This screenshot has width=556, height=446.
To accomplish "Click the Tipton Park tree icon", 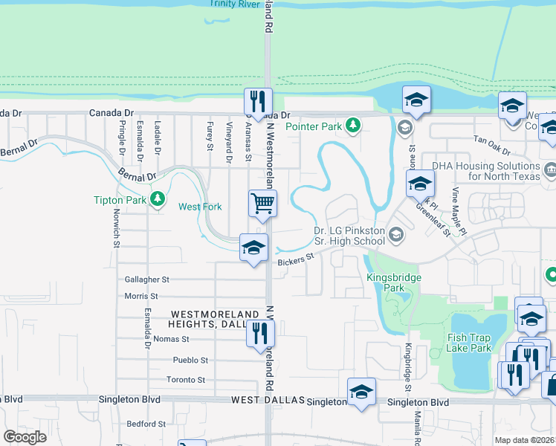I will click(157, 198).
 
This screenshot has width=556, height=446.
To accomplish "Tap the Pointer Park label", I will click(313, 126).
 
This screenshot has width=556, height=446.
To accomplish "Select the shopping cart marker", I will click(262, 203).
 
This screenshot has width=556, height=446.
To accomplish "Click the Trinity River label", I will click(233, 4).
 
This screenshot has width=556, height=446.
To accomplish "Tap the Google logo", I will click(25, 437).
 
